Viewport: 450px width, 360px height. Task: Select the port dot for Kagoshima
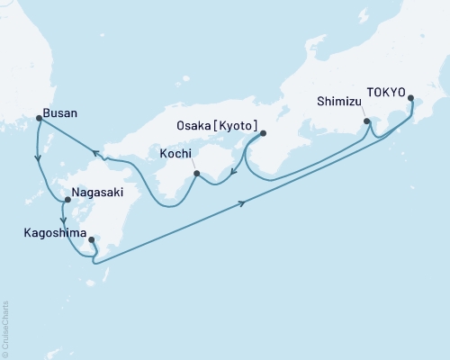click(x=92, y=239)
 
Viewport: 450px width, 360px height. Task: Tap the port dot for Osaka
click(x=263, y=134)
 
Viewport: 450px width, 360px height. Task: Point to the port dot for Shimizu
click(x=365, y=121)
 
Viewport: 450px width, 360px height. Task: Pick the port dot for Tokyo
click(x=411, y=99)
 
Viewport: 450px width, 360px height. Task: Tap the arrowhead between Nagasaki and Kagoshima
click(x=62, y=220)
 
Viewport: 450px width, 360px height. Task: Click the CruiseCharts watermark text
click(x=6, y=329)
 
